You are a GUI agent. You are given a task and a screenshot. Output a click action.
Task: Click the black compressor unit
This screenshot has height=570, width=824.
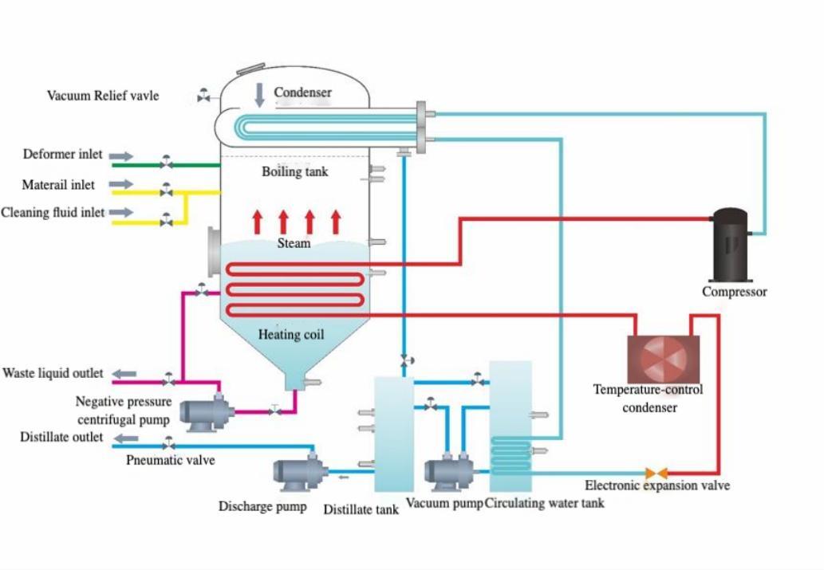(x=730, y=245)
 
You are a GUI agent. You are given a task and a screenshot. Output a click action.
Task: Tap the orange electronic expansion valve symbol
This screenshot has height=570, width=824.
(x=656, y=474)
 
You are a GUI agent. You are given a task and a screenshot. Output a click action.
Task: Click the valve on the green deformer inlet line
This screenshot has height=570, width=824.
(x=166, y=163)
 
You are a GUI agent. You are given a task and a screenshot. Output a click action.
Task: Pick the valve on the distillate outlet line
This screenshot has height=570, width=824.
(x=168, y=444)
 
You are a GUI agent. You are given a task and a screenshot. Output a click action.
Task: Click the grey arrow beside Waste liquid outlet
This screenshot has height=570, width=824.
(x=124, y=373)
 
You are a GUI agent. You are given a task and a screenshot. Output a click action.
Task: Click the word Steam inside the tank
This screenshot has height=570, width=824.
(x=294, y=243)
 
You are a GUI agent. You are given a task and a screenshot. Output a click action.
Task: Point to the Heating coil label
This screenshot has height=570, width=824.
(x=291, y=335)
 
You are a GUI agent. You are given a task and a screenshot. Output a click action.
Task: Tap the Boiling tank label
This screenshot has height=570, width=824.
(x=294, y=171)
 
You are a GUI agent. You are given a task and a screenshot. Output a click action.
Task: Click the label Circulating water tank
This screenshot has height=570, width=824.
(x=545, y=503)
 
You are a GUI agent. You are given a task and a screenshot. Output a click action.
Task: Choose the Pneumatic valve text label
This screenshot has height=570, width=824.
(x=170, y=460)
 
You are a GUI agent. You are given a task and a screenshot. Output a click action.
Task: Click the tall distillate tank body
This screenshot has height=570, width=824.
(x=394, y=434)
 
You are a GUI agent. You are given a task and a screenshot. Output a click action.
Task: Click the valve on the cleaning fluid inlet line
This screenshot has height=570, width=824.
(x=166, y=221)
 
